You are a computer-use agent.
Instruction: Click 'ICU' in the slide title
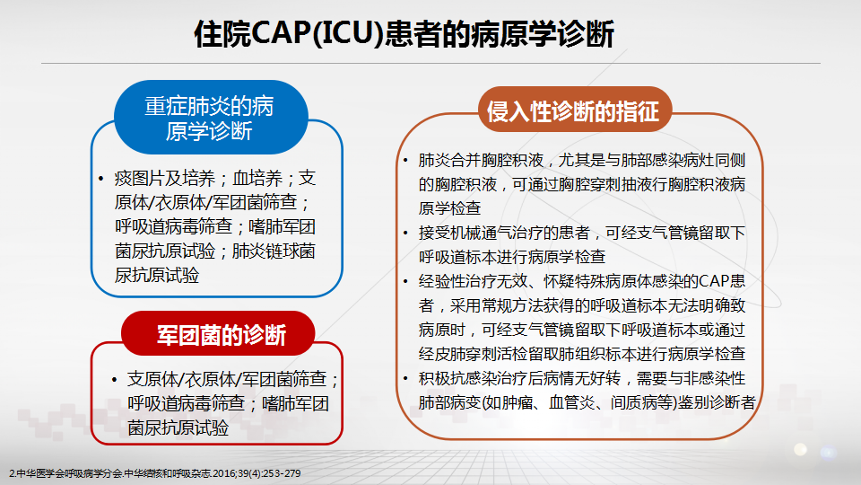tap(349, 33)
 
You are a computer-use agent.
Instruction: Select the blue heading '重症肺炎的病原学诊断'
tap(209, 119)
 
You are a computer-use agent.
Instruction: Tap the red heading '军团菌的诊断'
tap(222, 335)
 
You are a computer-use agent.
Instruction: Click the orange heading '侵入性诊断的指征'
tap(573, 111)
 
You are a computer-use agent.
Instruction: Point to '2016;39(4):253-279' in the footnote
tap(257, 473)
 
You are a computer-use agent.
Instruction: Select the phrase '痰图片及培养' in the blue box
tap(165, 178)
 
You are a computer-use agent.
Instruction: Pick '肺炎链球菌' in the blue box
tap(274, 251)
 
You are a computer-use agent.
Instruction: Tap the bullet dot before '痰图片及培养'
tap(101, 179)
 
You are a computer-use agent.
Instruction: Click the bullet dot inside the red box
tap(114, 379)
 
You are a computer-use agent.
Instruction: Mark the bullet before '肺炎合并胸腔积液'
tap(405, 161)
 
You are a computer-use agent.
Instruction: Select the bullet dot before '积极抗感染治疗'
tap(405, 379)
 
